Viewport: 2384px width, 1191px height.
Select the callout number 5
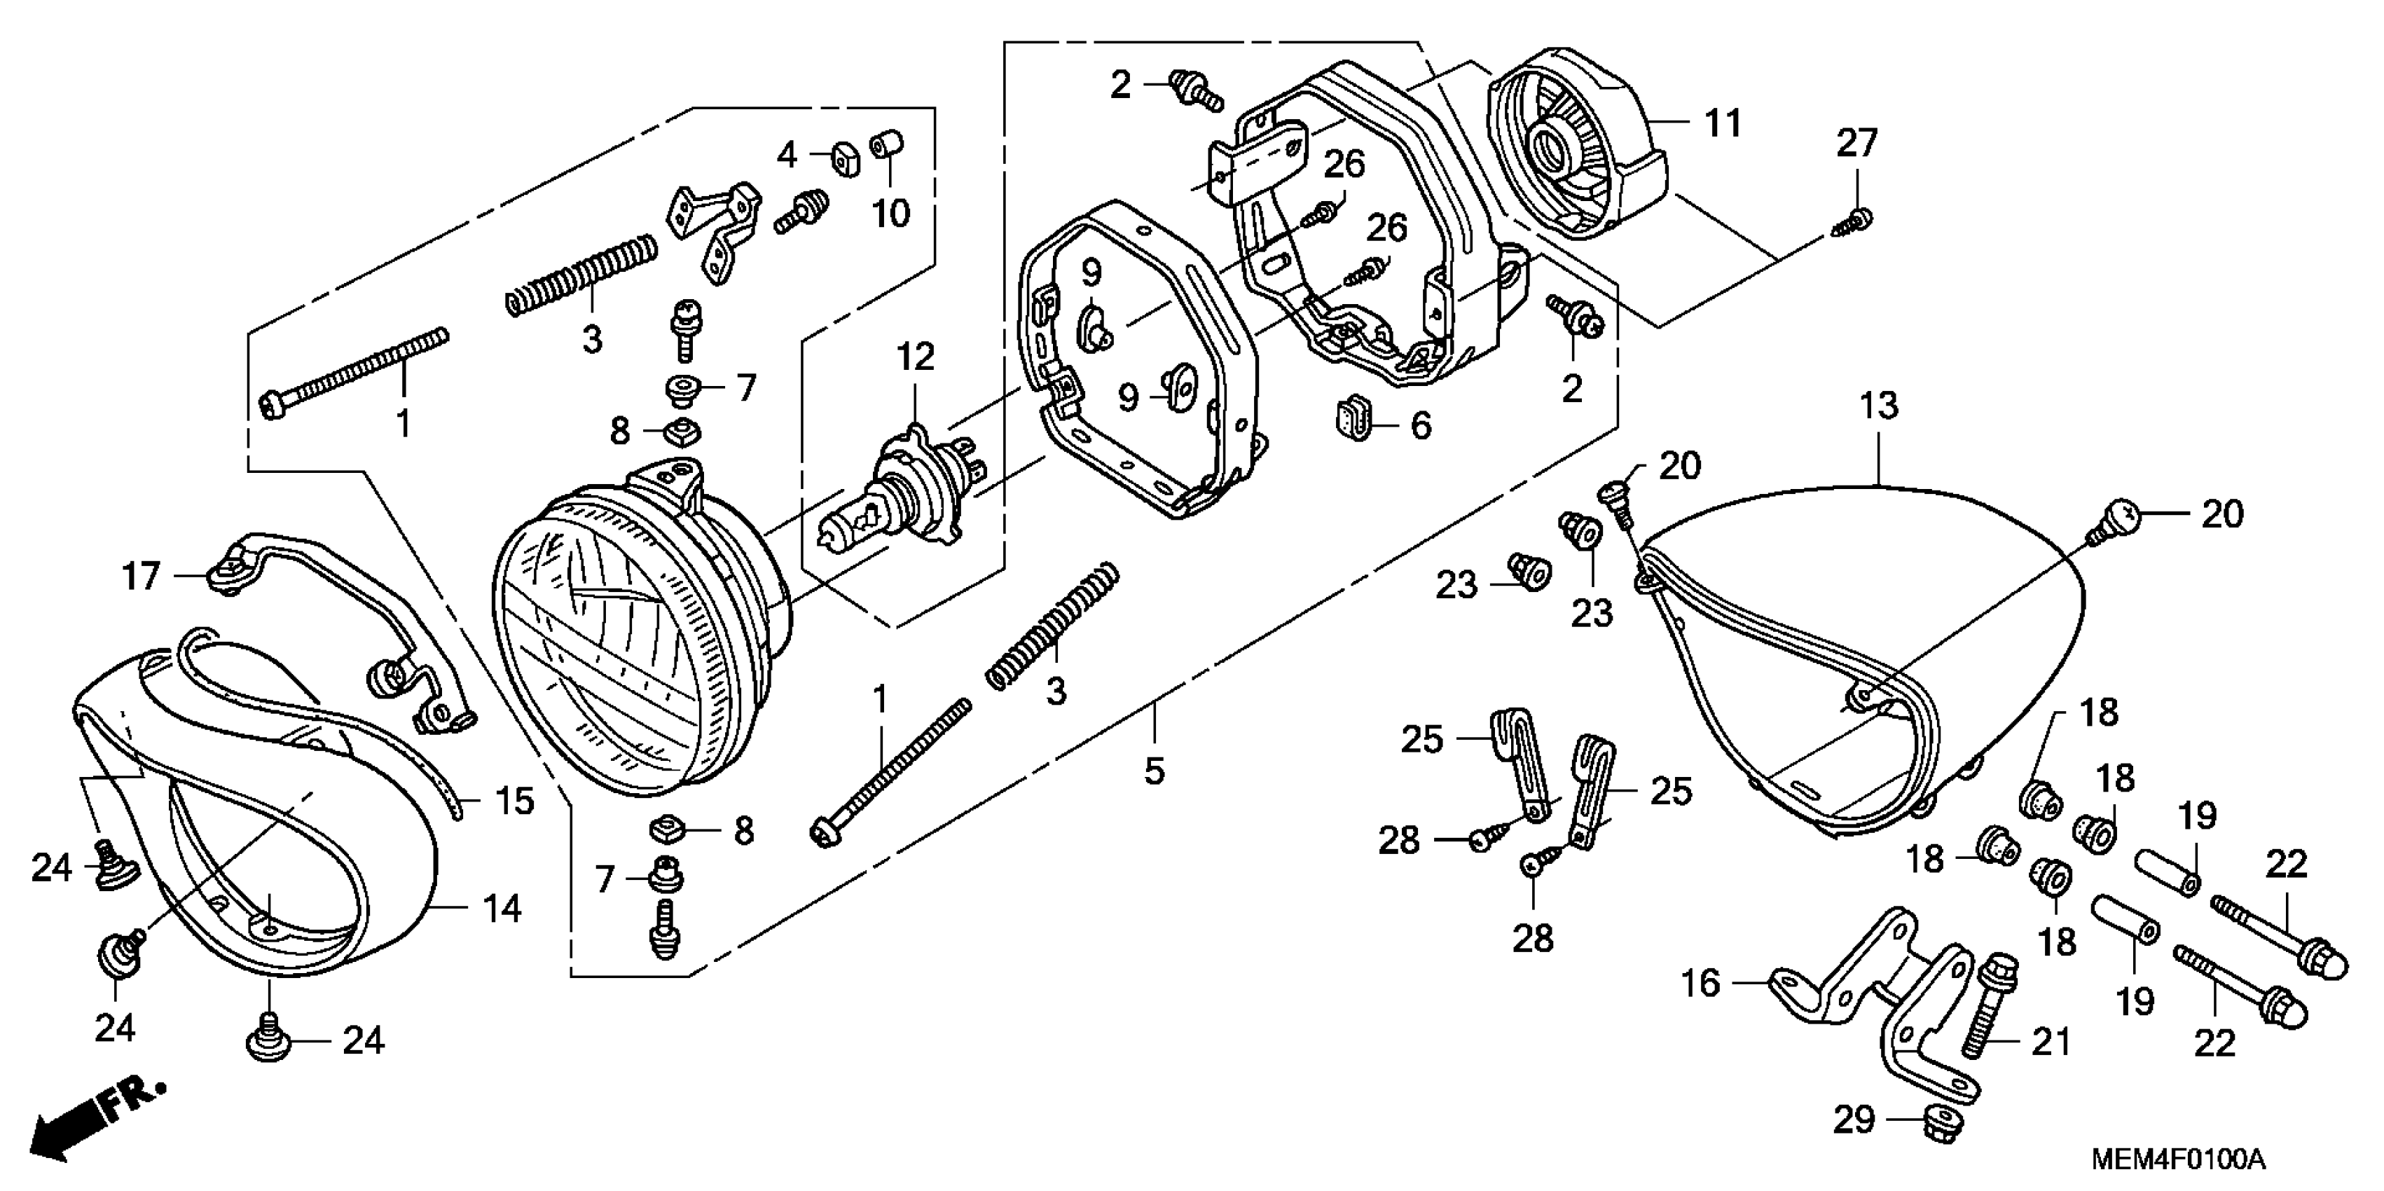(x=1153, y=770)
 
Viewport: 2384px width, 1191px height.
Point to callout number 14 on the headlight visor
(x=502, y=909)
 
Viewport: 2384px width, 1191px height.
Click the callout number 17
(x=142, y=577)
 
